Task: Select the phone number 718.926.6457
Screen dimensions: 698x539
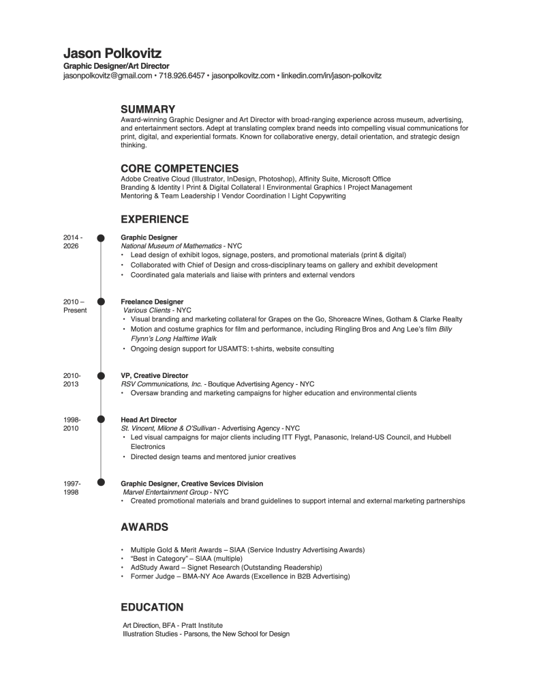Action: tap(181, 76)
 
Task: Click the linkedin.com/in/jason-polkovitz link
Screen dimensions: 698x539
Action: tap(331, 76)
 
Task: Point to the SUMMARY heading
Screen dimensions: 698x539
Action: tap(148, 109)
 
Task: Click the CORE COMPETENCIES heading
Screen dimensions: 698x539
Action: tap(179, 169)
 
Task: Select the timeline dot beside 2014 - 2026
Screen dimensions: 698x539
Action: tap(101, 237)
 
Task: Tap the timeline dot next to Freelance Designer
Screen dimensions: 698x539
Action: tap(101, 301)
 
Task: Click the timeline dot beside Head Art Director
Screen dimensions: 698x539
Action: tap(101, 419)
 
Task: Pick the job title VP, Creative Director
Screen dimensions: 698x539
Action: tap(154, 375)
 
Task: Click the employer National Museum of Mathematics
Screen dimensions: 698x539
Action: tap(171, 246)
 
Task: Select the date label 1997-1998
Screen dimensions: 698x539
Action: tap(72, 487)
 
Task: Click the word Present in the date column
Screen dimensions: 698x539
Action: tap(74, 310)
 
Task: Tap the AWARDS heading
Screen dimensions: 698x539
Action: tap(144, 527)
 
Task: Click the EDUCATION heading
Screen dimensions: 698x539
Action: tap(152, 607)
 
